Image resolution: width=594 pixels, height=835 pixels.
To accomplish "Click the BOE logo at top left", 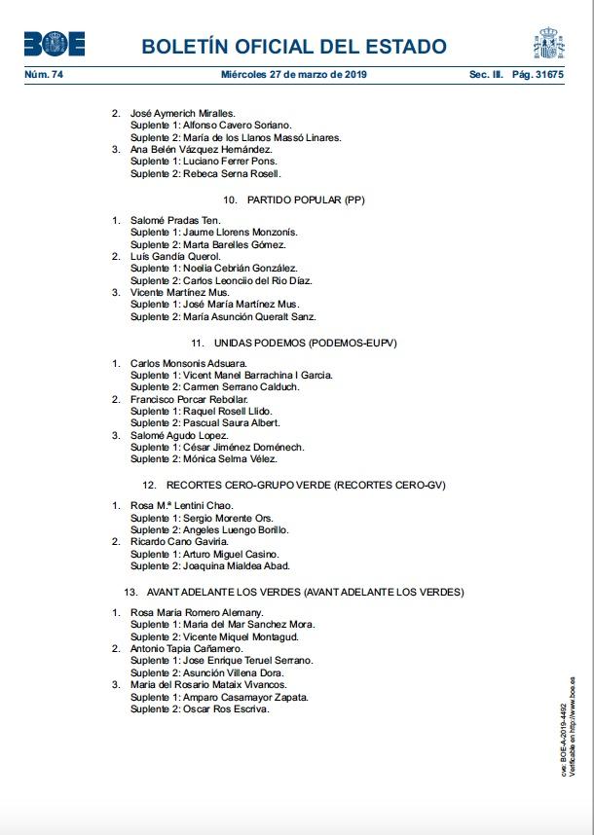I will click(55, 44).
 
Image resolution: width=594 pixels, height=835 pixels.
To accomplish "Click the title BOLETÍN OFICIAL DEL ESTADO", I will click(294, 47).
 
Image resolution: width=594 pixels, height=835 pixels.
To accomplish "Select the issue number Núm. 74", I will click(43, 74).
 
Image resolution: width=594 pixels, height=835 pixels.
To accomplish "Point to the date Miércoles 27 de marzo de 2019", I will click(293, 74).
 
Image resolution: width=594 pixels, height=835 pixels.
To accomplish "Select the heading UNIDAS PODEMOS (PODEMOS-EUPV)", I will click(294, 344).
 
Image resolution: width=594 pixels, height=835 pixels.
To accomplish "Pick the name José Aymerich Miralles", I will click(189, 113).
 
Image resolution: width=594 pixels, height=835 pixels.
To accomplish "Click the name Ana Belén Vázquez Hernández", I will click(201, 149).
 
